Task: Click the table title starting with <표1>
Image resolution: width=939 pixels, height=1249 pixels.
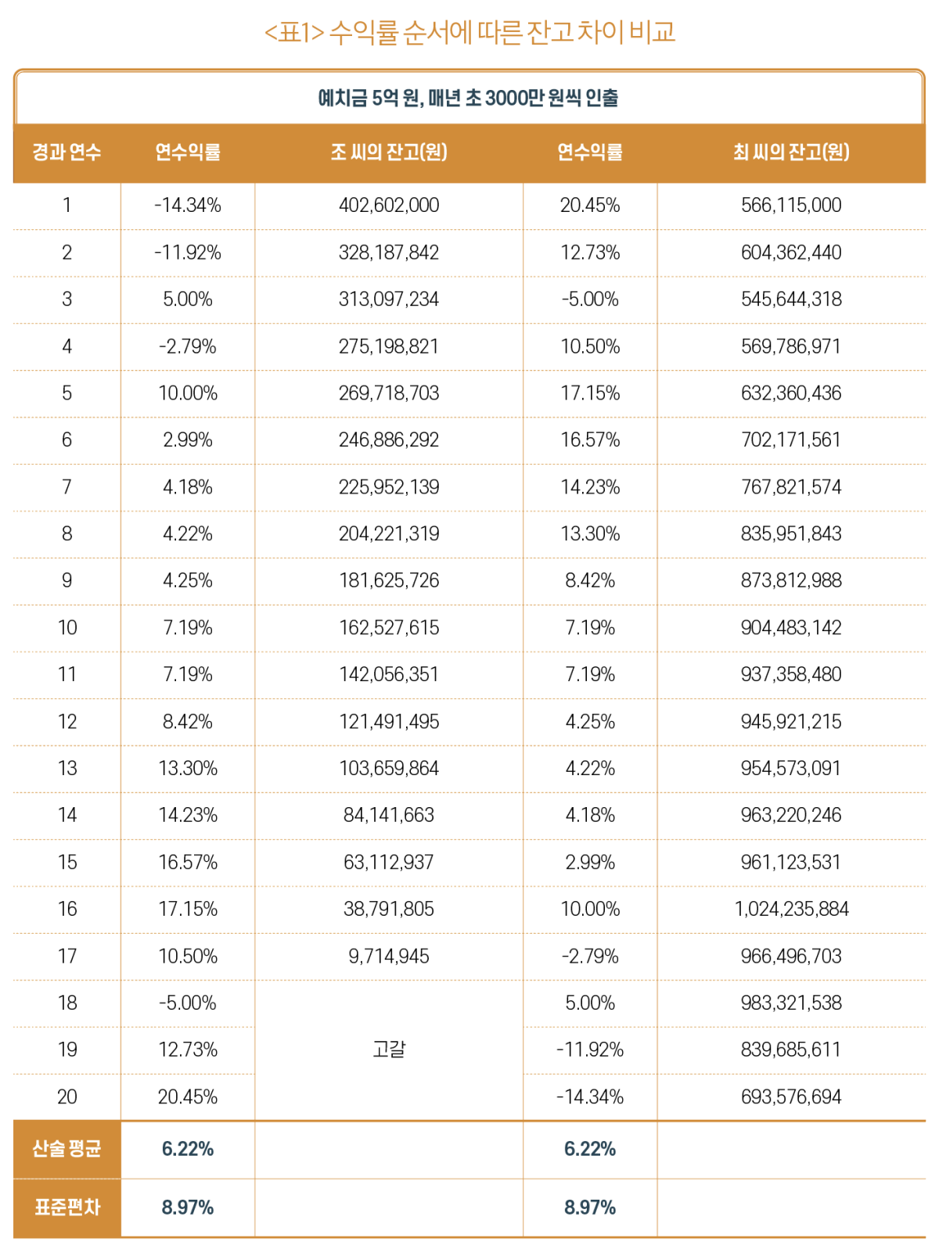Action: click(469, 32)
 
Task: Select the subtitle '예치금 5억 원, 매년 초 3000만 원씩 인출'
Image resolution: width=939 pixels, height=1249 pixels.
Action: click(468, 99)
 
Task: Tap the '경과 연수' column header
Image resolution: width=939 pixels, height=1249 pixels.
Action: click(67, 152)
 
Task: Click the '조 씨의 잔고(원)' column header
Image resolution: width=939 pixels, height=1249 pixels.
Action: click(389, 152)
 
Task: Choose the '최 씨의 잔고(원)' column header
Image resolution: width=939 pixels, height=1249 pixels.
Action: click(791, 152)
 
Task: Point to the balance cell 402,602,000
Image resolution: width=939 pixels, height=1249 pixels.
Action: click(389, 205)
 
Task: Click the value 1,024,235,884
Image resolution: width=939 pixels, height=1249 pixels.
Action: click(791, 909)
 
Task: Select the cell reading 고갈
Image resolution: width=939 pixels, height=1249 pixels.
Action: click(389, 1049)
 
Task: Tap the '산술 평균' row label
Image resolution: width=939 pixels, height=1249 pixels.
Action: click(67, 1149)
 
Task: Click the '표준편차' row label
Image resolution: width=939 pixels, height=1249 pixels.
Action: click(67, 1208)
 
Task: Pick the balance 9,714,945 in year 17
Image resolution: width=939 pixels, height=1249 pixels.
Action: click(389, 956)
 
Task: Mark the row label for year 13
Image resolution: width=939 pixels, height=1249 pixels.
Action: click(67, 768)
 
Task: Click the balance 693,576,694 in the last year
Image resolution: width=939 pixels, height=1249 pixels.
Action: click(791, 1096)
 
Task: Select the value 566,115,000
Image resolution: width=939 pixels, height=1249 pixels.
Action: click(791, 205)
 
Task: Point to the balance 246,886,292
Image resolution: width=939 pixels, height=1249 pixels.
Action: click(389, 440)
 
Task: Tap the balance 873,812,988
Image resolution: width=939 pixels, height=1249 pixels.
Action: click(791, 580)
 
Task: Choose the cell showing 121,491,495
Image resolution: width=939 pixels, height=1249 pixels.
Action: click(389, 721)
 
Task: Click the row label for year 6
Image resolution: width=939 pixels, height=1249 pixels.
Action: click(67, 440)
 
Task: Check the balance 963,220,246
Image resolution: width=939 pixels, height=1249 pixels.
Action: click(791, 815)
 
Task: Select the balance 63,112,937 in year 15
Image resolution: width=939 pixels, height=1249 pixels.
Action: click(389, 862)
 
